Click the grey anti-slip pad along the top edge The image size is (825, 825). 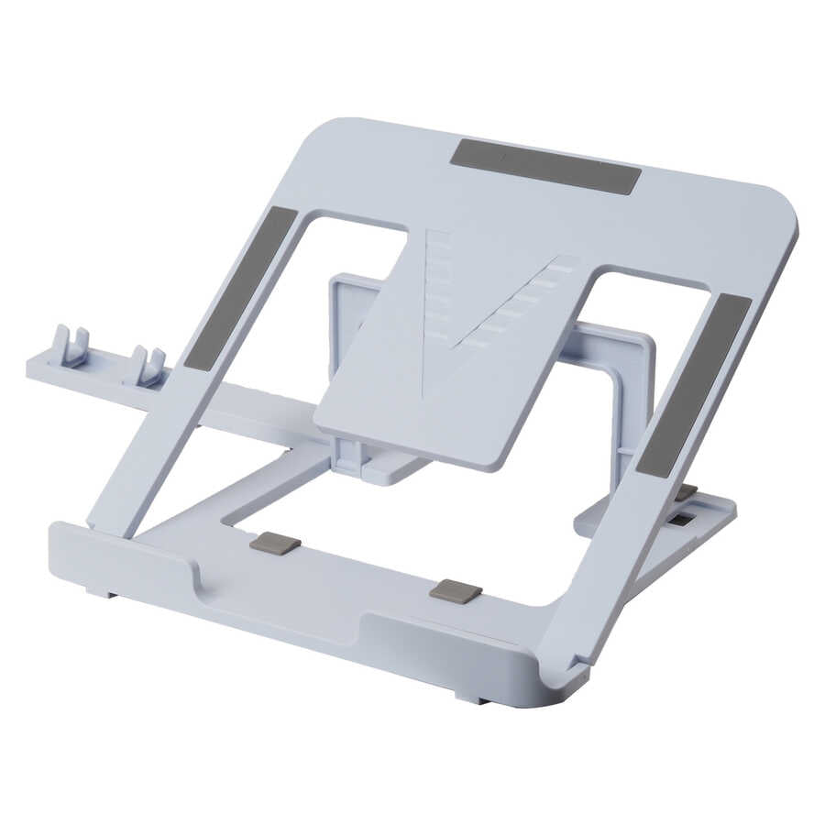click(x=545, y=166)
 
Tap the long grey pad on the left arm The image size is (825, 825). click(x=241, y=287)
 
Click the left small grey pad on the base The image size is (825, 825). click(x=275, y=543)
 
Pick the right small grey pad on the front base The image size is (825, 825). click(x=456, y=590)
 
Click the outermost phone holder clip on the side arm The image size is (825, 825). click(x=70, y=346)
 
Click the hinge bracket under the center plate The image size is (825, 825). click(x=362, y=458)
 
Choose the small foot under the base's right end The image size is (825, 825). click(x=473, y=699)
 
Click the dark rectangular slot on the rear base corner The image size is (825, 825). click(x=682, y=520)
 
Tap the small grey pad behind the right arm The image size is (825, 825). click(x=686, y=492)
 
